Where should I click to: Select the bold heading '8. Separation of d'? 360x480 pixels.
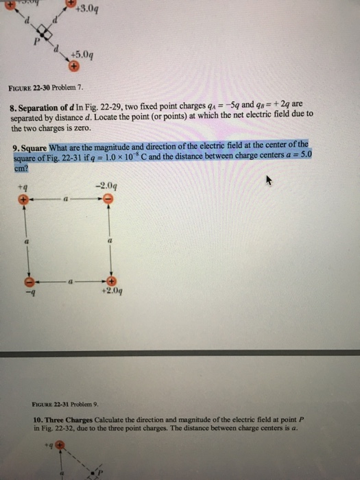(43, 108)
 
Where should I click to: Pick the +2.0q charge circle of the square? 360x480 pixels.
(109, 282)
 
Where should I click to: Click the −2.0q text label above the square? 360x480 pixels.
(107, 185)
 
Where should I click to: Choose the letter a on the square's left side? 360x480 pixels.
(25, 242)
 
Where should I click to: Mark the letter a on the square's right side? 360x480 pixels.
(109, 242)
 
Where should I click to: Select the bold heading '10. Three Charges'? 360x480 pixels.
(67, 418)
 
